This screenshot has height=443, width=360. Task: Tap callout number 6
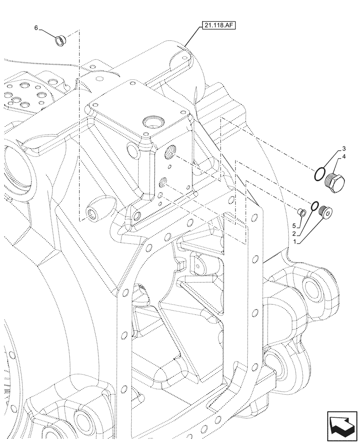click(x=37, y=27)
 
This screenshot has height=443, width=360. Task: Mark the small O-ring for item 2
click(x=314, y=206)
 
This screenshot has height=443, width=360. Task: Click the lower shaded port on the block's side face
click(x=164, y=181)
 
